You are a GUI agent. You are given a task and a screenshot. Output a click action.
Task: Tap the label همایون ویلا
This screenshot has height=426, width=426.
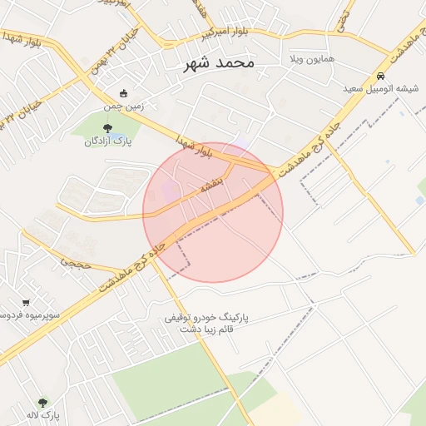click(x=311, y=61)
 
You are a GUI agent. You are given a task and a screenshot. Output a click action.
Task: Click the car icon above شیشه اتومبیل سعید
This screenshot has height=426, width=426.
click(x=381, y=75)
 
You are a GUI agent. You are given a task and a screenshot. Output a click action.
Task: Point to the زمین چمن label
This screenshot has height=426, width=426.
click(x=124, y=106)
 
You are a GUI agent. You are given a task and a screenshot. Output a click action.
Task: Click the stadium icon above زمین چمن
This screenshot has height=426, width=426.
click(x=124, y=93)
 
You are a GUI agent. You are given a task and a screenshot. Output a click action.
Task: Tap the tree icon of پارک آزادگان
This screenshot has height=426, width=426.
click(x=107, y=127)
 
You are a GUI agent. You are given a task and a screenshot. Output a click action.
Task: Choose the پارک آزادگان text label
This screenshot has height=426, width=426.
click(x=108, y=141)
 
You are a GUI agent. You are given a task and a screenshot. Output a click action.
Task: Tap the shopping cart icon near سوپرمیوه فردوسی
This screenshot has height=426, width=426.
click(x=27, y=302)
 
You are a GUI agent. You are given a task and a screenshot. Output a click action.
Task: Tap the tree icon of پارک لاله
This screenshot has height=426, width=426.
click(x=43, y=402)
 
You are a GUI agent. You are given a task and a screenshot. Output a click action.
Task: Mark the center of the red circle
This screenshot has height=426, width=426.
click(x=213, y=212)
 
